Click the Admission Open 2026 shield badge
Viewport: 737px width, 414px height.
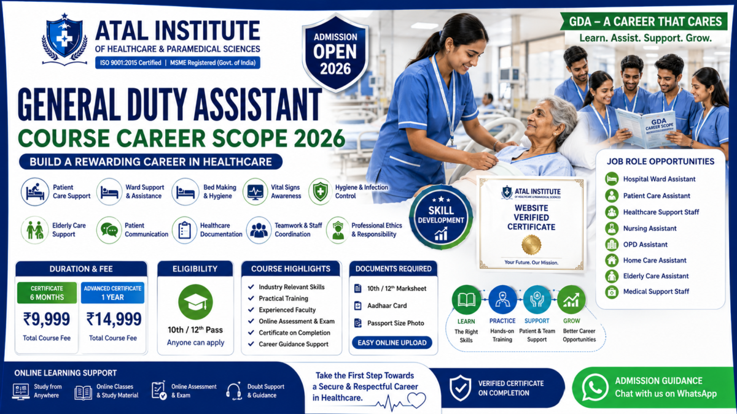point(335,53)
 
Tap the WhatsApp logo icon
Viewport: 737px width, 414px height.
point(595,388)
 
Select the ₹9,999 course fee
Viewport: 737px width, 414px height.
point(47,319)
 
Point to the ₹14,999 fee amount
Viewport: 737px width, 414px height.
point(114,319)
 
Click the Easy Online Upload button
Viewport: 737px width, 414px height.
point(392,343)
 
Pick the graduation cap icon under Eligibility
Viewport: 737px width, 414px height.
point(195,302)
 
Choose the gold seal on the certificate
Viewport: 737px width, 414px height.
point(531,245)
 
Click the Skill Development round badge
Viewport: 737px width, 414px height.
point(441,217)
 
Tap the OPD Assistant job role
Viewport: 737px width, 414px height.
point(645,245)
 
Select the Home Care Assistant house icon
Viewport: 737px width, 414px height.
point(612,260)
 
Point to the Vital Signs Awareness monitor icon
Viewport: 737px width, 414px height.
point(255,191)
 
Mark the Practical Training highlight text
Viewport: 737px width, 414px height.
point(283,298)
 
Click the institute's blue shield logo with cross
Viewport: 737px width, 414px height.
point(64,39)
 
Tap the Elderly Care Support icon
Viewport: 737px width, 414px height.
point(34,229)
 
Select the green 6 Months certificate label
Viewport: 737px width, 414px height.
point(47,293)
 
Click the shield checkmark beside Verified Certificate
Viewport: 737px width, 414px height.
point(460,388)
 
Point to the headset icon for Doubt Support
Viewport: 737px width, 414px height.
point(234,391)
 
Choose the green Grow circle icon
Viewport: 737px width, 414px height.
point(571,300)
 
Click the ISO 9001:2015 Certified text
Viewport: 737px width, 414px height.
point(131,63)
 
